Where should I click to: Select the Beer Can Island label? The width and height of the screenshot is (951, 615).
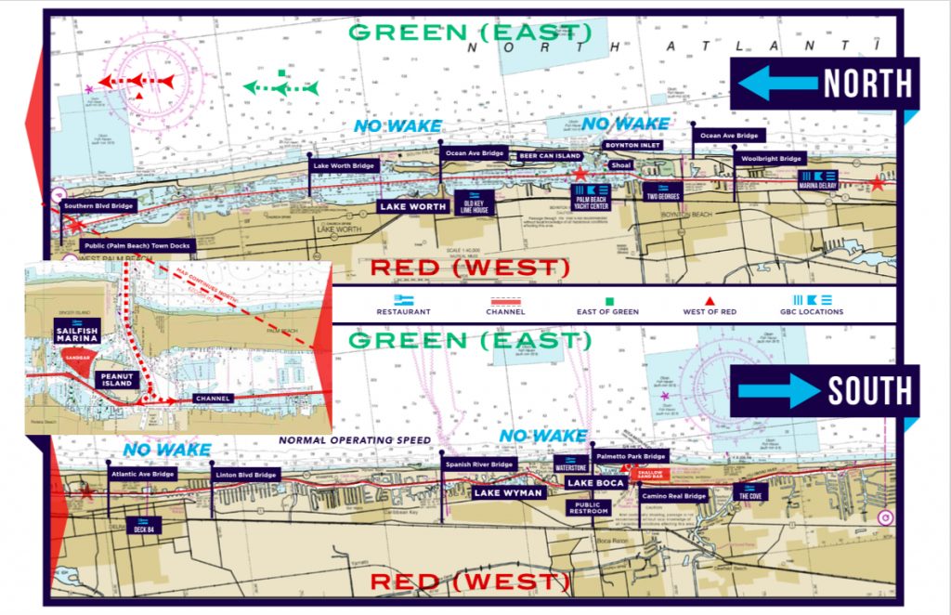point(549,156)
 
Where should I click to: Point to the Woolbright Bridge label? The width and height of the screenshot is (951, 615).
point(771,159)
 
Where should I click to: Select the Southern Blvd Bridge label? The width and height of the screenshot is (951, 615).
point(98,205)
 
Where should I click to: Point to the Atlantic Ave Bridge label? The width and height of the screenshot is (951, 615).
point(141,474)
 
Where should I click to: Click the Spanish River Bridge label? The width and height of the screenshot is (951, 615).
point(478,465)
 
